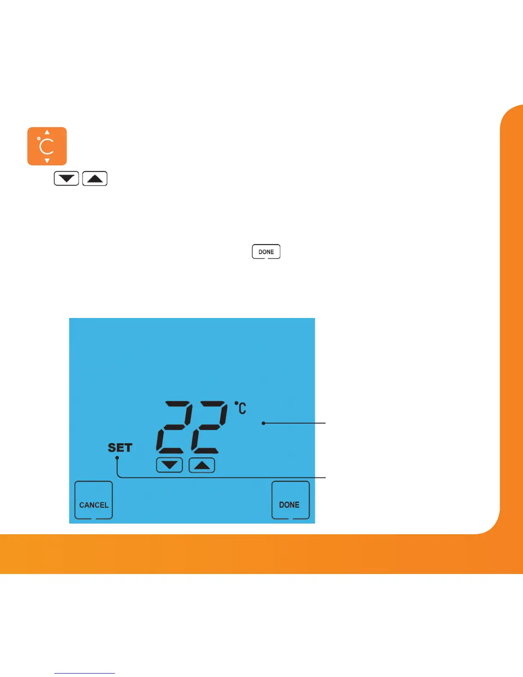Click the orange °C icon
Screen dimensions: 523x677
[47, 146]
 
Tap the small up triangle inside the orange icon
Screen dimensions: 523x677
[47, 132]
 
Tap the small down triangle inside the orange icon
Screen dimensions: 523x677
[47, 161]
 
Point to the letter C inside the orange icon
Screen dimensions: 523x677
[47, 147]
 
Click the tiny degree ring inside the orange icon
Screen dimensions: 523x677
[39, 139]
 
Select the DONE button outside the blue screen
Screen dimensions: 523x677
[266, 252]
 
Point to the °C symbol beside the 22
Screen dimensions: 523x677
[241, 408]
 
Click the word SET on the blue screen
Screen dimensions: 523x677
[120, 447]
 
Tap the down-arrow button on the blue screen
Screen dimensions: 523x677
[170, 465]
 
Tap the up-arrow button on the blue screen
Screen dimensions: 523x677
[202, 465]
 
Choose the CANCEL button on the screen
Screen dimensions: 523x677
[94, 500]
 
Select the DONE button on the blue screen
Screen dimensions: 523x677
[291, 500]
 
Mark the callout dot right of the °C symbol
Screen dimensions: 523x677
[264, 423]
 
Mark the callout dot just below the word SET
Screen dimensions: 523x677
[117, 458]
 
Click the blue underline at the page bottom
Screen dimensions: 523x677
[85, 673]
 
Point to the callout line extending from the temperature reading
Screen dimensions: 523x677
[295, 423]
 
